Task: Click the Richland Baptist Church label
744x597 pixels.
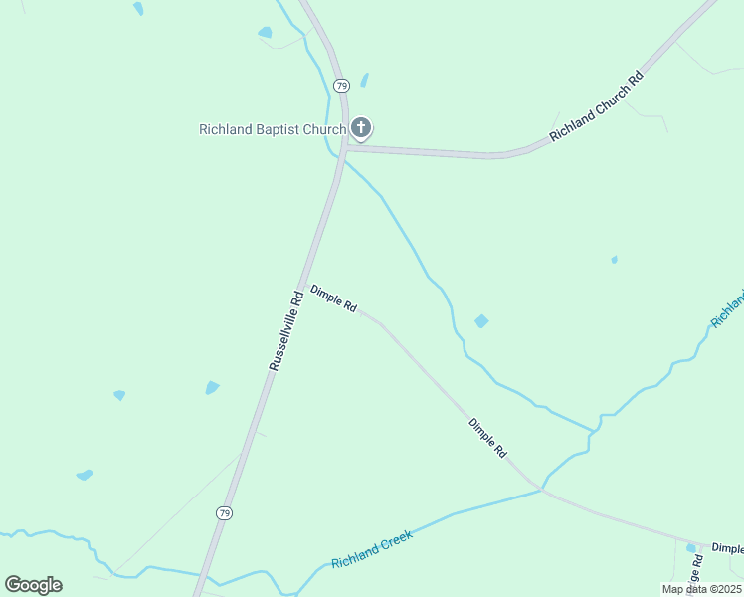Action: pos(272,129)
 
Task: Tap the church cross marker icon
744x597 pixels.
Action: pos(361,128)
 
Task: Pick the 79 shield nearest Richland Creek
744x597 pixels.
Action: pos(225,513)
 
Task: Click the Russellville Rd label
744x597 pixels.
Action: pos(285,330)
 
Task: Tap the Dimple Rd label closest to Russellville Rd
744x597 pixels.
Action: pos(333,299)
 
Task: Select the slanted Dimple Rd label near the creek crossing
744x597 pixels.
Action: pos(487,438)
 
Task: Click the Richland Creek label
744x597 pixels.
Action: pos(371,549)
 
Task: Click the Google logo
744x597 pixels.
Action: pos(33,585)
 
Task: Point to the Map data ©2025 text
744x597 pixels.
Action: pos(700,589)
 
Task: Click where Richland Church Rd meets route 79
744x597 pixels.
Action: pos(344,147)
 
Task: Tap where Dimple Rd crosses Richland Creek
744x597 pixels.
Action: pos(540,489)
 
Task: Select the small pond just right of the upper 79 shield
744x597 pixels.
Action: pos(364,80)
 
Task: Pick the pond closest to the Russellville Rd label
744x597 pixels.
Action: pos(211,387)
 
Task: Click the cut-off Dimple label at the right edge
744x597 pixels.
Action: pos(727,548)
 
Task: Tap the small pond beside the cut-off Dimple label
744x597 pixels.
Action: pos(691,547)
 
